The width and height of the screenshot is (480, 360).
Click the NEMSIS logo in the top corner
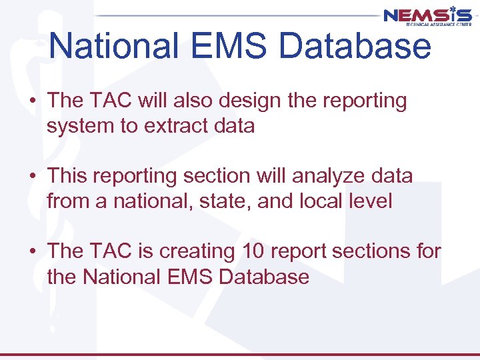[427, 16]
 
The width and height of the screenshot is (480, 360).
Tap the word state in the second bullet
[223, 201]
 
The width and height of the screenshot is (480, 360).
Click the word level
[372, 201]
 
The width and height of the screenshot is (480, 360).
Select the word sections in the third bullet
[369, 251]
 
